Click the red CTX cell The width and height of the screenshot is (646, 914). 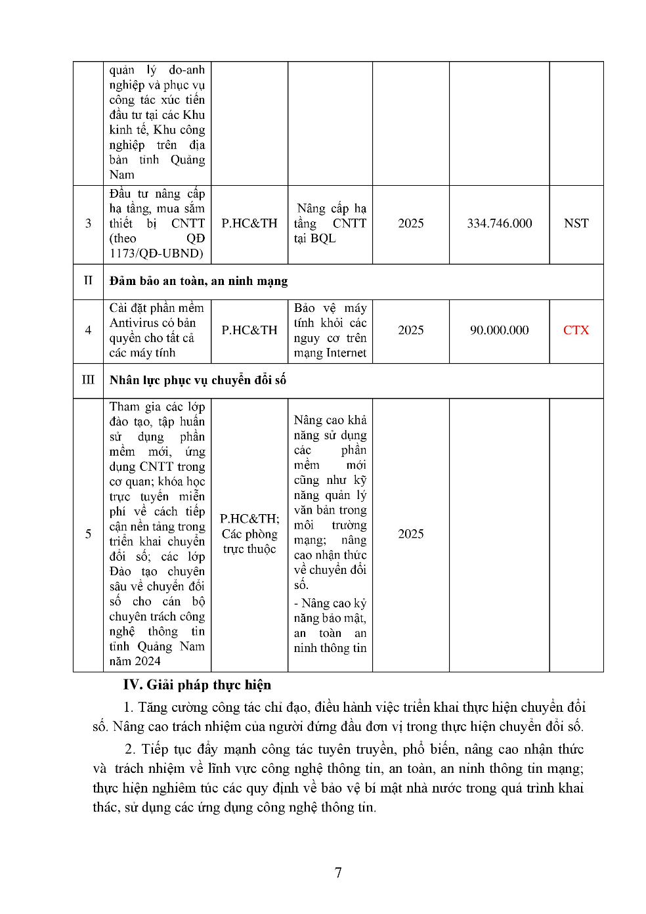[x=576, y=330]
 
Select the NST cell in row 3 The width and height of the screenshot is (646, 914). [x=576, y=224]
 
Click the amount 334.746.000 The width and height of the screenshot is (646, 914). [x=499, y=224]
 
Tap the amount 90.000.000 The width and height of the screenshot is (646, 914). [x=499, y=330]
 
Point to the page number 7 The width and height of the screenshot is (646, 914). [x=338, y=873]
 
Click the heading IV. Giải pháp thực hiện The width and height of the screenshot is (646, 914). [x=197, y=685]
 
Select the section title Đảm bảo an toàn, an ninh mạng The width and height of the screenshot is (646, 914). [x=198, y=281]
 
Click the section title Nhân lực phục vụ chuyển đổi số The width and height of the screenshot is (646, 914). [x=198, y=380]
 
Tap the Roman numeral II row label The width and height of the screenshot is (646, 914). [x=88, y=280]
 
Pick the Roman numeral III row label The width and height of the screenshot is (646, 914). [x=88, y=380]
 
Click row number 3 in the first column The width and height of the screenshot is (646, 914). [x=88, y=224]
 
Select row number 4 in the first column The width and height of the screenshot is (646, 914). [x=88, y=330]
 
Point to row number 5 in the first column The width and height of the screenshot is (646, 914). [x=88, y=534]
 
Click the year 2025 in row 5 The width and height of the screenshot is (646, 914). [x=410, y=534]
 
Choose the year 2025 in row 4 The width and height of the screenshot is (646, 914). [x=410, y=330]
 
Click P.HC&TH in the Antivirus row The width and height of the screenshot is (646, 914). [x=249, y=330]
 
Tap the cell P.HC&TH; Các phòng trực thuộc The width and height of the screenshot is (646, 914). [x=249, y=534]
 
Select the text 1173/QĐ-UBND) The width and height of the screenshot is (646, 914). [x=156, y=253]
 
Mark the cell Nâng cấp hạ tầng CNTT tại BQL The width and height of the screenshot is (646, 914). [x=330, y=224]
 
